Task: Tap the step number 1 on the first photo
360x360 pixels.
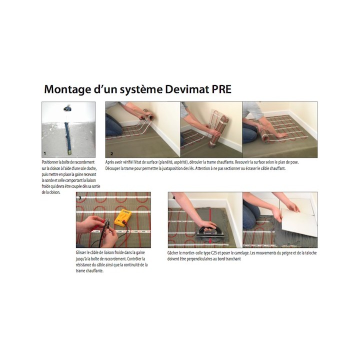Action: tap(44, 154)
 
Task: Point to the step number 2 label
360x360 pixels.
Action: tap(111, 154)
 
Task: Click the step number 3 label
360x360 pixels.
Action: tap(79, 198)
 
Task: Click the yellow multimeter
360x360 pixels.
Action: tap(123, 217)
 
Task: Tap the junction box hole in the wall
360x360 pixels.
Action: tap(66, 107)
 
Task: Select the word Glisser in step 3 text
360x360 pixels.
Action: tap(83, 253)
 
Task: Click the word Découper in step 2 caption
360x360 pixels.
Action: tap(114, 168)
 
